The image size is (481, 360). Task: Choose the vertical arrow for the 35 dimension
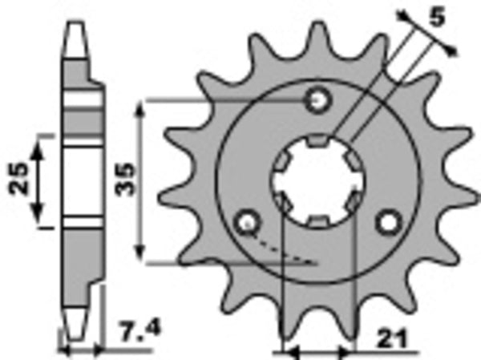point(142,181)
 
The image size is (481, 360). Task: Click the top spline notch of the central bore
point(318,142)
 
